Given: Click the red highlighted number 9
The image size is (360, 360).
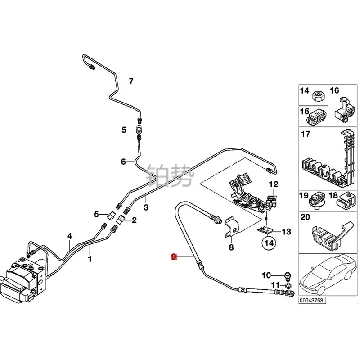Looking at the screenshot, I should point(174,257).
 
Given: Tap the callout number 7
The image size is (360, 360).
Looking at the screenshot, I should point(131,81).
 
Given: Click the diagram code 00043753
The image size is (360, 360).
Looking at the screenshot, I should point(311,301).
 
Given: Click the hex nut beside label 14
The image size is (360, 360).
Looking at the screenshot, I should point(317,95).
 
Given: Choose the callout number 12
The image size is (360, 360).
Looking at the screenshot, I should point(274,184).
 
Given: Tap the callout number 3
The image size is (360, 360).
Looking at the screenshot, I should point(146,207).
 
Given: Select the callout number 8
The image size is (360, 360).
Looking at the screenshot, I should point(231,247).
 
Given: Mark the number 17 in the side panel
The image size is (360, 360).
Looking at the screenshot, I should point(306,134).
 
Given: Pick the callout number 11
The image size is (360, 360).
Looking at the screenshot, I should point(274,285).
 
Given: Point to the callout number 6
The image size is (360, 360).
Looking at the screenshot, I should point(124,162).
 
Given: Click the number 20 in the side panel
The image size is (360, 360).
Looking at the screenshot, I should point(305,217).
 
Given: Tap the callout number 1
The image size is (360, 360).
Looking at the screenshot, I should point(90,259).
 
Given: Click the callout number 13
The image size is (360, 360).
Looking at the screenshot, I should point(287,232).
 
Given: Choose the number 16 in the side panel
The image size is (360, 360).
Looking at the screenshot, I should point(334,91).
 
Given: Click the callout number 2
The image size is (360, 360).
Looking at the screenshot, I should point(134,220).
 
